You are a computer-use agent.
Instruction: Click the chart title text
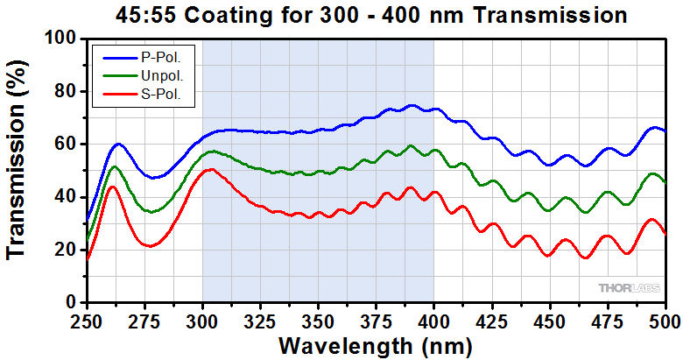(372, 15)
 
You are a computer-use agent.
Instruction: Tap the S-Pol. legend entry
(160, 95)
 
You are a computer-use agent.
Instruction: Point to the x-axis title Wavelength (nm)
(376, 345)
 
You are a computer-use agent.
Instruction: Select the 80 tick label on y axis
(66, 91)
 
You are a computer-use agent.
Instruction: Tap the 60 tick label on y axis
(66, 144)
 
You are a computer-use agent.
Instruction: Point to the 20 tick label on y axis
(66, 250)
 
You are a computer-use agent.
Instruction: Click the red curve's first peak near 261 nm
(112, 187)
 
